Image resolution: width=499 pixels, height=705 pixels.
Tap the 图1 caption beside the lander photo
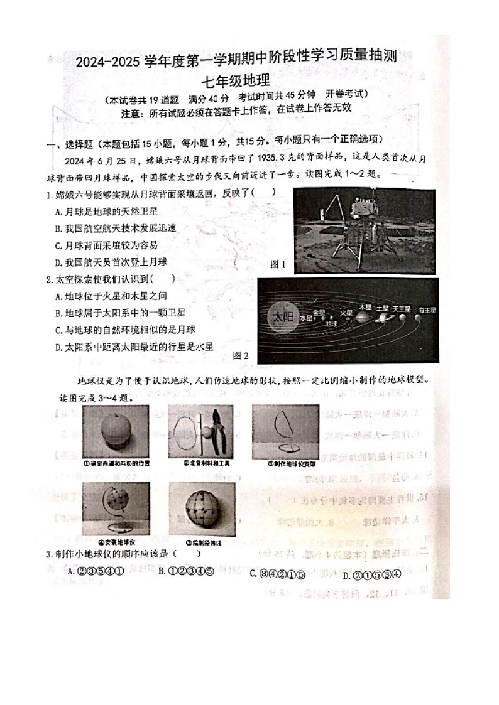(278, 264)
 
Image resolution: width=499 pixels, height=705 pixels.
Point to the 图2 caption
(241, 355)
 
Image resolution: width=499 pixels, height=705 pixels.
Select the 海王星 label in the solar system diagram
(427, 310)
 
